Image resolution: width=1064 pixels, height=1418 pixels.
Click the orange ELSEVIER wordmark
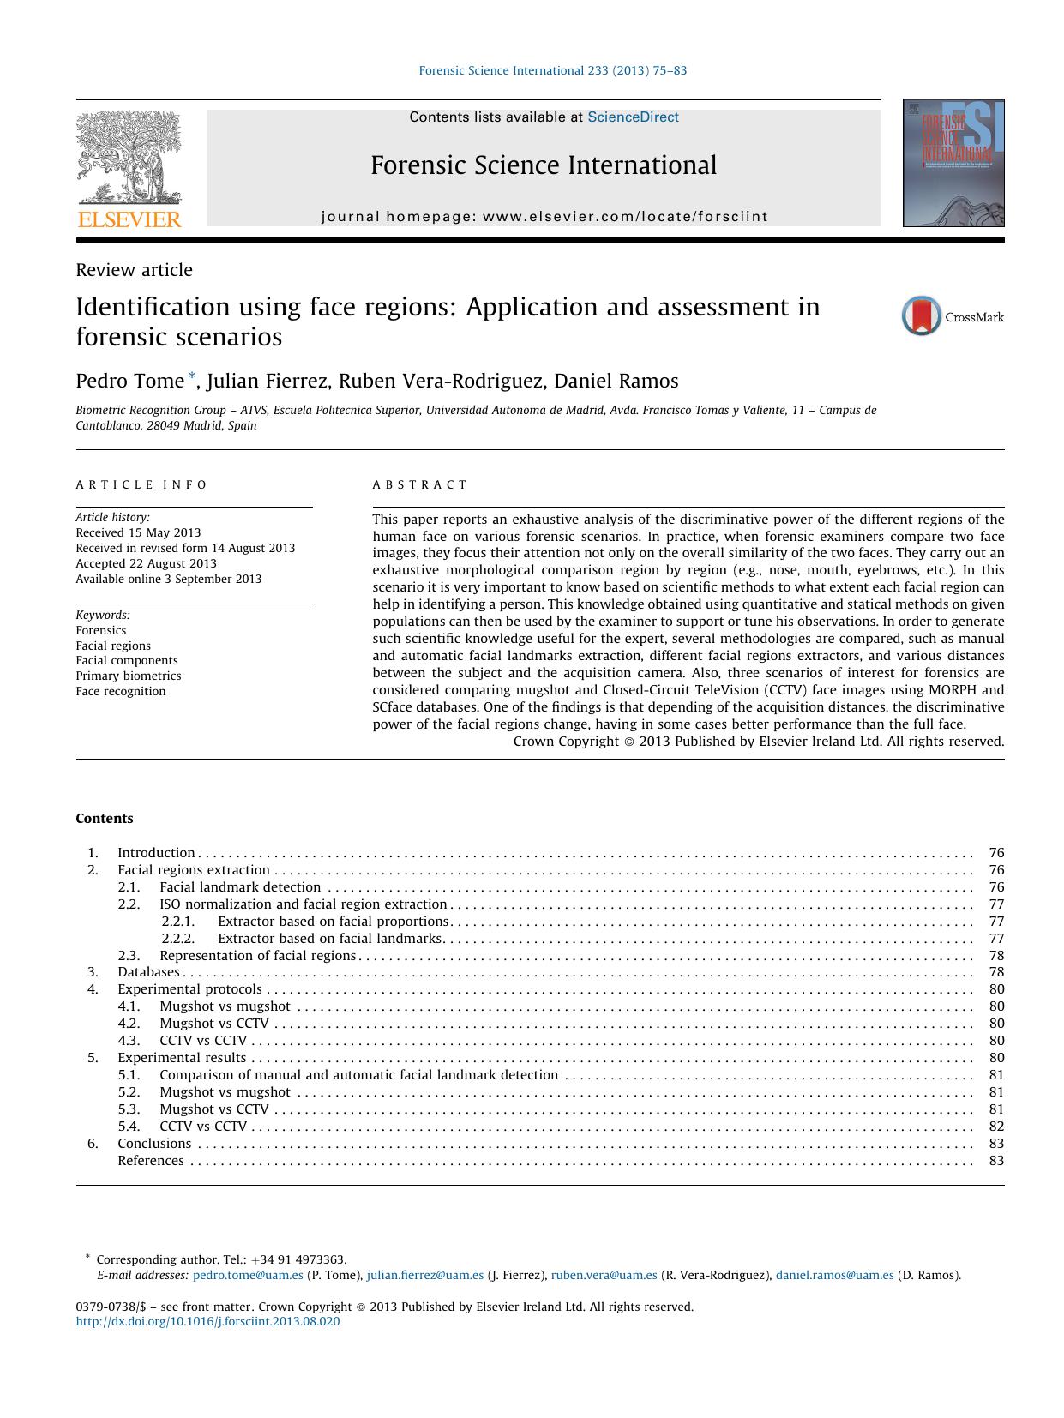[x=129, y=219]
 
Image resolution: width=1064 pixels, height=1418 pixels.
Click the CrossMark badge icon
[x=922, y=316]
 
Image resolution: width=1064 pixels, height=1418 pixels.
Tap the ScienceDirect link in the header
[x=633, y=117]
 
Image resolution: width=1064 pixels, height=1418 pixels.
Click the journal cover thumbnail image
[x=953, y=163]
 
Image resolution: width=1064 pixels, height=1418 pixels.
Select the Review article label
[x=134, y=270]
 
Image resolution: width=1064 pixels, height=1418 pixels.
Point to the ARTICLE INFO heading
[x=141, y=484]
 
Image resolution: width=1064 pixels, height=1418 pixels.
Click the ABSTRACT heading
[x=420, y=484]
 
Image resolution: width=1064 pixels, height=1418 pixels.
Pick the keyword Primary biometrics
[x=128, y=676]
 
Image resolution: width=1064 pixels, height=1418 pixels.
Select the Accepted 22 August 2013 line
[x=146, y=563]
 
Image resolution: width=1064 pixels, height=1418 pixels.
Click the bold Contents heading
[x=105, y=819]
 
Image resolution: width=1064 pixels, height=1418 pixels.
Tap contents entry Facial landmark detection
[x=240, y=887]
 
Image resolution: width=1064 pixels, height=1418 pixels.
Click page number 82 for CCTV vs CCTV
[x=995, y=1127]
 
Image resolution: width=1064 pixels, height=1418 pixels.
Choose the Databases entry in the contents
[x=148, y=972]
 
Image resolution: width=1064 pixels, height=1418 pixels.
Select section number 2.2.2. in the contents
[x=178, y=939]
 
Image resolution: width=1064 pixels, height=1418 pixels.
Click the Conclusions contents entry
[x=154, y=1144]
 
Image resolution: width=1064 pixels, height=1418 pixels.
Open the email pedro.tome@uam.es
[x=248, y=1275]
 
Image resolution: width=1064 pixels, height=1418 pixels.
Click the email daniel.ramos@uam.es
[x=834, y=1275]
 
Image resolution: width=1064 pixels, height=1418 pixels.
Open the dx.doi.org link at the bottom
[x=207, y=1321]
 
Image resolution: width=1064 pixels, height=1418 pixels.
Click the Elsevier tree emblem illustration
[x=129, y=158]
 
